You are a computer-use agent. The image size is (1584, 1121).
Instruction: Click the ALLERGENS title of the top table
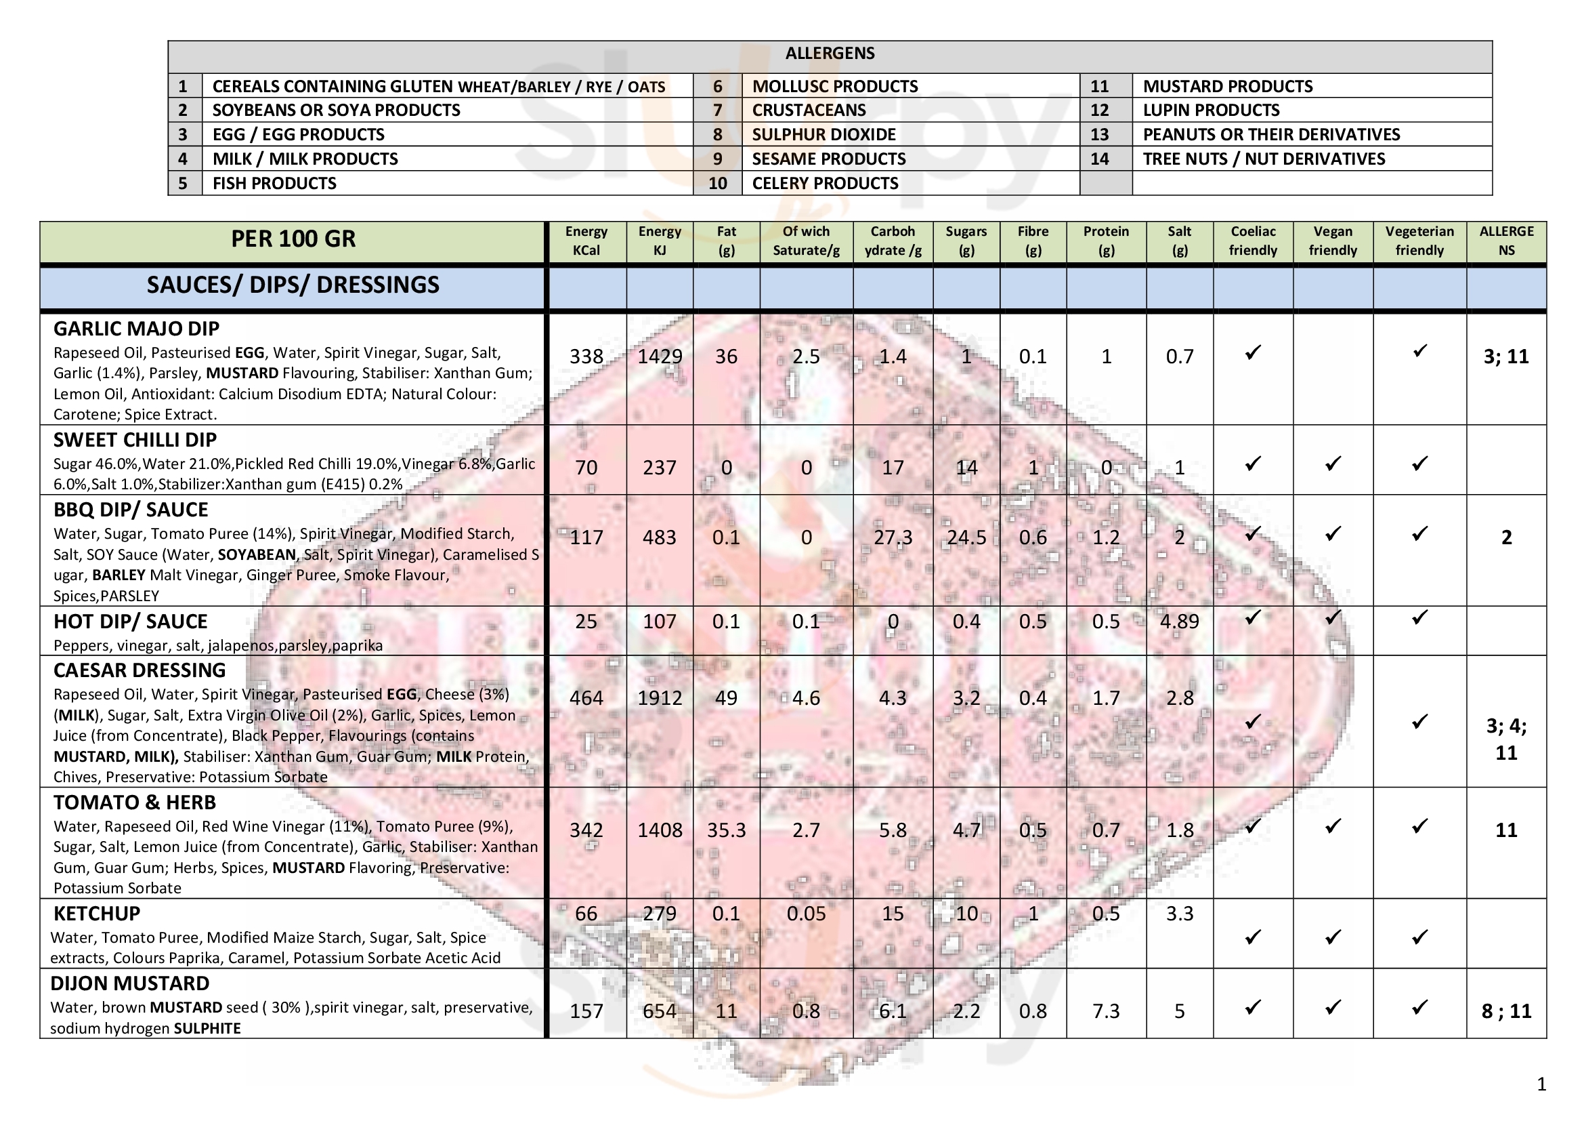point(830,54)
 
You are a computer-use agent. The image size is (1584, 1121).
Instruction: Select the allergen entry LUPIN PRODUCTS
point(1211,110)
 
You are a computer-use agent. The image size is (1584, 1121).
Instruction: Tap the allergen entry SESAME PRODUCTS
point(828,159)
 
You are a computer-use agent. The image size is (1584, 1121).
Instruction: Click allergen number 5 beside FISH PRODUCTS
point(183,184)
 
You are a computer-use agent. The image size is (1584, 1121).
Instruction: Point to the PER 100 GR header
point(293,239)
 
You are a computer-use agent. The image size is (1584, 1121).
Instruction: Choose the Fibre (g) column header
point(1033,241)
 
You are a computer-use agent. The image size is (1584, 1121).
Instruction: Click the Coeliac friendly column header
point(1253,241)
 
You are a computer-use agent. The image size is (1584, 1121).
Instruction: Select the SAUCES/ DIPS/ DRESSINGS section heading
point(293,285)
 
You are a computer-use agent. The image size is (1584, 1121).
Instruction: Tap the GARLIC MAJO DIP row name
point(137,329)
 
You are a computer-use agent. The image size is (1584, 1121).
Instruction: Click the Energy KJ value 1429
point(660,357)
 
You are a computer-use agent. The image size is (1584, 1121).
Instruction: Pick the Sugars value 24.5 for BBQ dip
point(966,537)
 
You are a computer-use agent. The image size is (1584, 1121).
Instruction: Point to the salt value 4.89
point(1180,621)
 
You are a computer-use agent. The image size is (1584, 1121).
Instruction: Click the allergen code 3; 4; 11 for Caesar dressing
point(1506,739)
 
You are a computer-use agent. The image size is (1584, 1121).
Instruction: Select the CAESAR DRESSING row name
point(140,670)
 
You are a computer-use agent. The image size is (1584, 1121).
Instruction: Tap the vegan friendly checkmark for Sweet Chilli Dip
point(1333,464)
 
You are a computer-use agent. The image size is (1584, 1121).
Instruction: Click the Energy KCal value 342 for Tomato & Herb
point(586,830)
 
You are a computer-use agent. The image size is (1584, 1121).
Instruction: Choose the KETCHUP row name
point(97,914)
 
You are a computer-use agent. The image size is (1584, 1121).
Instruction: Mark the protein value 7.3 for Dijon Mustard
point(1106,1011)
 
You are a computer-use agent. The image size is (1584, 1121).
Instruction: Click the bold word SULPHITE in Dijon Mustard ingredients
point(207,1029)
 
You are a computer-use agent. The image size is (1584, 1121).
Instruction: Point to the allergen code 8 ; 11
point(1506,1011)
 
